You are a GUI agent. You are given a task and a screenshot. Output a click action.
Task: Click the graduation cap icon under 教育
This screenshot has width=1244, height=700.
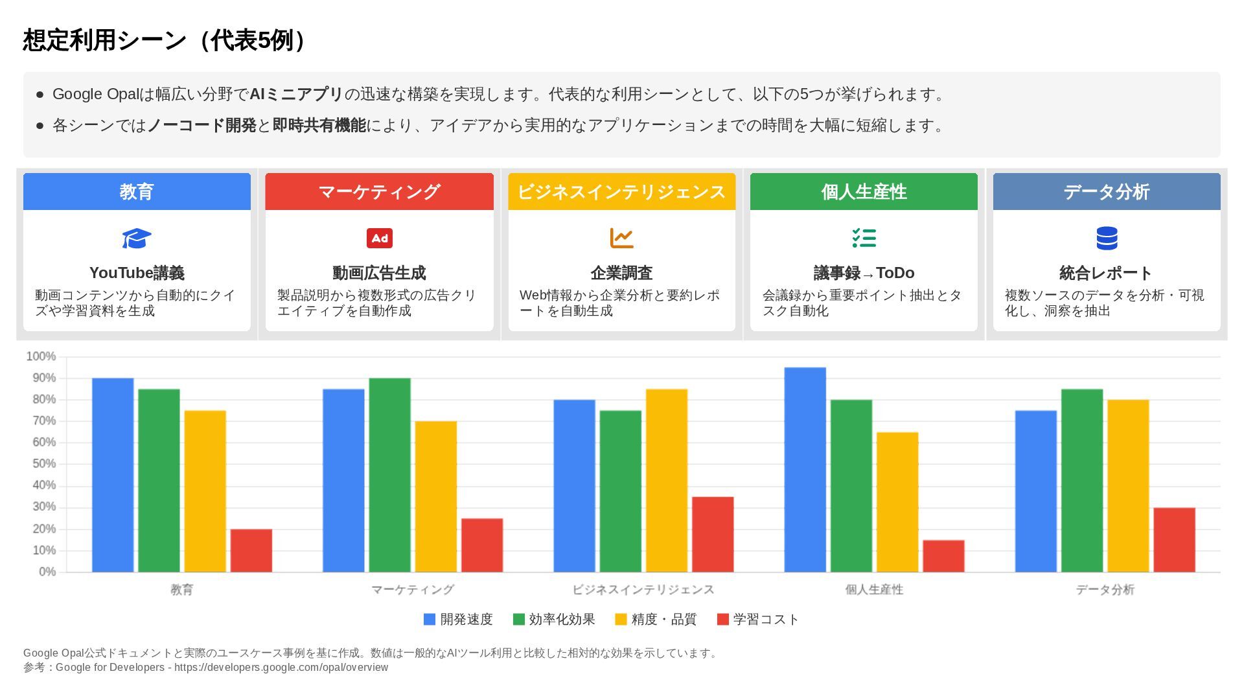[x=137, y=239]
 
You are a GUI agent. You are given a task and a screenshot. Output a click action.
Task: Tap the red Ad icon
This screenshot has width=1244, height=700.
[x=379, y=239]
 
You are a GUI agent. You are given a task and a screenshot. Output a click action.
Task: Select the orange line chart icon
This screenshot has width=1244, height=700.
[x=621, y=238]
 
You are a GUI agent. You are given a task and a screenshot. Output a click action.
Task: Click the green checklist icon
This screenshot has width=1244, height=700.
[x=864, y=238]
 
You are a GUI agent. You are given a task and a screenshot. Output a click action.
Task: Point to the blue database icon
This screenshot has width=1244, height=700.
[x=1107, y=238]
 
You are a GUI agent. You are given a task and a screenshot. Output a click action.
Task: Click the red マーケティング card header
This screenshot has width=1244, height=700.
[x=379, y=192]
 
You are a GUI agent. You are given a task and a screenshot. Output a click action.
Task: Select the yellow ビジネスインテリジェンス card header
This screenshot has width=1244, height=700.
[x=621, y=192]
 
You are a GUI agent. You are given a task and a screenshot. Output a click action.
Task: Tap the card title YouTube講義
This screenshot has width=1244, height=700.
[x=137, y=273]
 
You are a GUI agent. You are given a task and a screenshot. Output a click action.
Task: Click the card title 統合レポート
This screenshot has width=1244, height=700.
[x=1106, y=273]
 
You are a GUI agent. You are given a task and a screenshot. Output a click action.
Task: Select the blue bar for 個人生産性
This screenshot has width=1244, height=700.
[x=805, y=470]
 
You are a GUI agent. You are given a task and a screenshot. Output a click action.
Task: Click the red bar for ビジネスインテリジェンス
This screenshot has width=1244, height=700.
[x=713, y=535]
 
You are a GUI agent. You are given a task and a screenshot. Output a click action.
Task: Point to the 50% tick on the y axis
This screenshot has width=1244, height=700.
[x=40, y=464]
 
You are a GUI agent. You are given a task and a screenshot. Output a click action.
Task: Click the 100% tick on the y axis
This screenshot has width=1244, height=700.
[x=40, y=356]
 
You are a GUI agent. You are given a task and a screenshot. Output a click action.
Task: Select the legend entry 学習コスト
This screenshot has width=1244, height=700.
[x=758, y=620]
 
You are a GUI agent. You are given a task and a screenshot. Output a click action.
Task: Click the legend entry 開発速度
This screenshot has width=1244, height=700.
[x=458, y=620]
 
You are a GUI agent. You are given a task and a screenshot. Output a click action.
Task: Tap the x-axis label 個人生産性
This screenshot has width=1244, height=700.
[x=873, y=590]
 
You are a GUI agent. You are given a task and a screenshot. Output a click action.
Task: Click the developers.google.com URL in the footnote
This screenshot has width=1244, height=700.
[x=281, y=668]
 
